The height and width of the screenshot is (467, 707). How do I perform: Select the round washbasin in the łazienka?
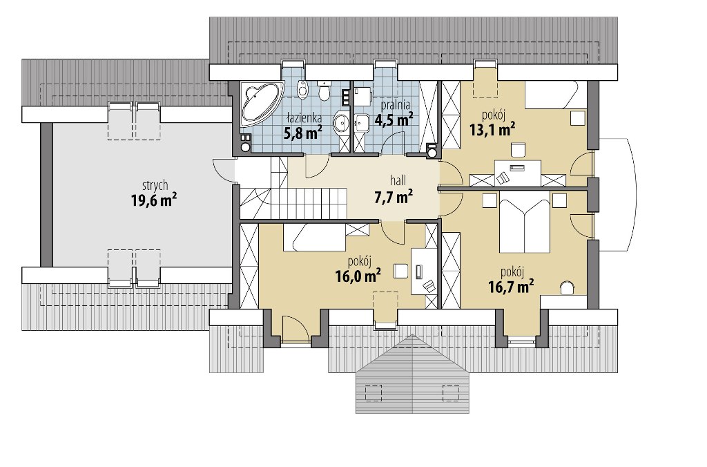pyautogui.click(x=341, y=122)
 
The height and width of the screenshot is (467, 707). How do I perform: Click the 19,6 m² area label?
pyautogui.click(x=154, y=200)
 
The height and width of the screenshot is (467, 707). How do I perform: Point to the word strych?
pyautogui.click(x=155, y=185)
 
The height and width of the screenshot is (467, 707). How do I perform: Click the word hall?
pyautogui.click(x=398, y=181)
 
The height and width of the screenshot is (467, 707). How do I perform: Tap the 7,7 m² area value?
pyautogui.click(x=394, y=196)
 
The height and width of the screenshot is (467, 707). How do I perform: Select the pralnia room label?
pyautogui.click(x=396, y=105)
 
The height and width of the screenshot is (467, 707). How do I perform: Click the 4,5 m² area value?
pyautogui.click(x=394, y=120)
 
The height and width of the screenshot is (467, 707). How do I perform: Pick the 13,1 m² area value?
pyautogui.click(x=492, y=130)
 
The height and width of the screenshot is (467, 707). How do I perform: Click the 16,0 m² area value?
pyautogui.click(x=358, y=275)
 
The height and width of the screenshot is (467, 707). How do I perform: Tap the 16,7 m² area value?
pyautogui.click(x=511, y=285)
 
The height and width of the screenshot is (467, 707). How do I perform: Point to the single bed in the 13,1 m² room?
pyautogui.click(x=555, y=95)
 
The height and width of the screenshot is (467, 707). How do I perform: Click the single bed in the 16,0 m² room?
pyautogui.click(x=314, y=237)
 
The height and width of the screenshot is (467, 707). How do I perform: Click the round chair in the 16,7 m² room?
pyautogui.click(x=566, y=288)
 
